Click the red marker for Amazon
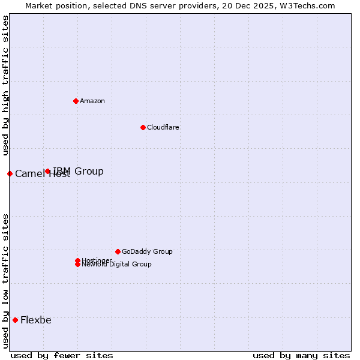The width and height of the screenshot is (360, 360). pos(76,101)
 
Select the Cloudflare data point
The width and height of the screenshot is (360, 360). pos(143,127)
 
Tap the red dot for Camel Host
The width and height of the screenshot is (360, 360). pos(10,173)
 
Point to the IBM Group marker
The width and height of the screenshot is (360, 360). pos(47,171)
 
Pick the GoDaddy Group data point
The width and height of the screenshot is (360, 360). pos(118,251)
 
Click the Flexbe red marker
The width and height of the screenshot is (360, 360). pos(15,320)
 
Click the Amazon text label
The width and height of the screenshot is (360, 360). pos(92,101)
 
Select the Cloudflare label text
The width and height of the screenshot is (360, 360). pos(163,127)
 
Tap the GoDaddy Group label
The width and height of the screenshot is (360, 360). pos(147,251)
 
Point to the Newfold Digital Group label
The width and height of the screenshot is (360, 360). pos(116,264)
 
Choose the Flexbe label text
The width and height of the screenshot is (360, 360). pos(36,320)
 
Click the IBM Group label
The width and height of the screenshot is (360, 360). pos(78,171)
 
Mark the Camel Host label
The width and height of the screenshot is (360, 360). pos(42,174)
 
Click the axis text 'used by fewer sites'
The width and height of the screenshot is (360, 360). pos(62,355)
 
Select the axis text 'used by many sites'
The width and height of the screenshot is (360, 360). pos(301,355)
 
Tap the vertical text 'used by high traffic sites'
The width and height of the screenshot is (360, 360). pos(5,85)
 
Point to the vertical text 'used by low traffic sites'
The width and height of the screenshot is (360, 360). pos(5,280)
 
